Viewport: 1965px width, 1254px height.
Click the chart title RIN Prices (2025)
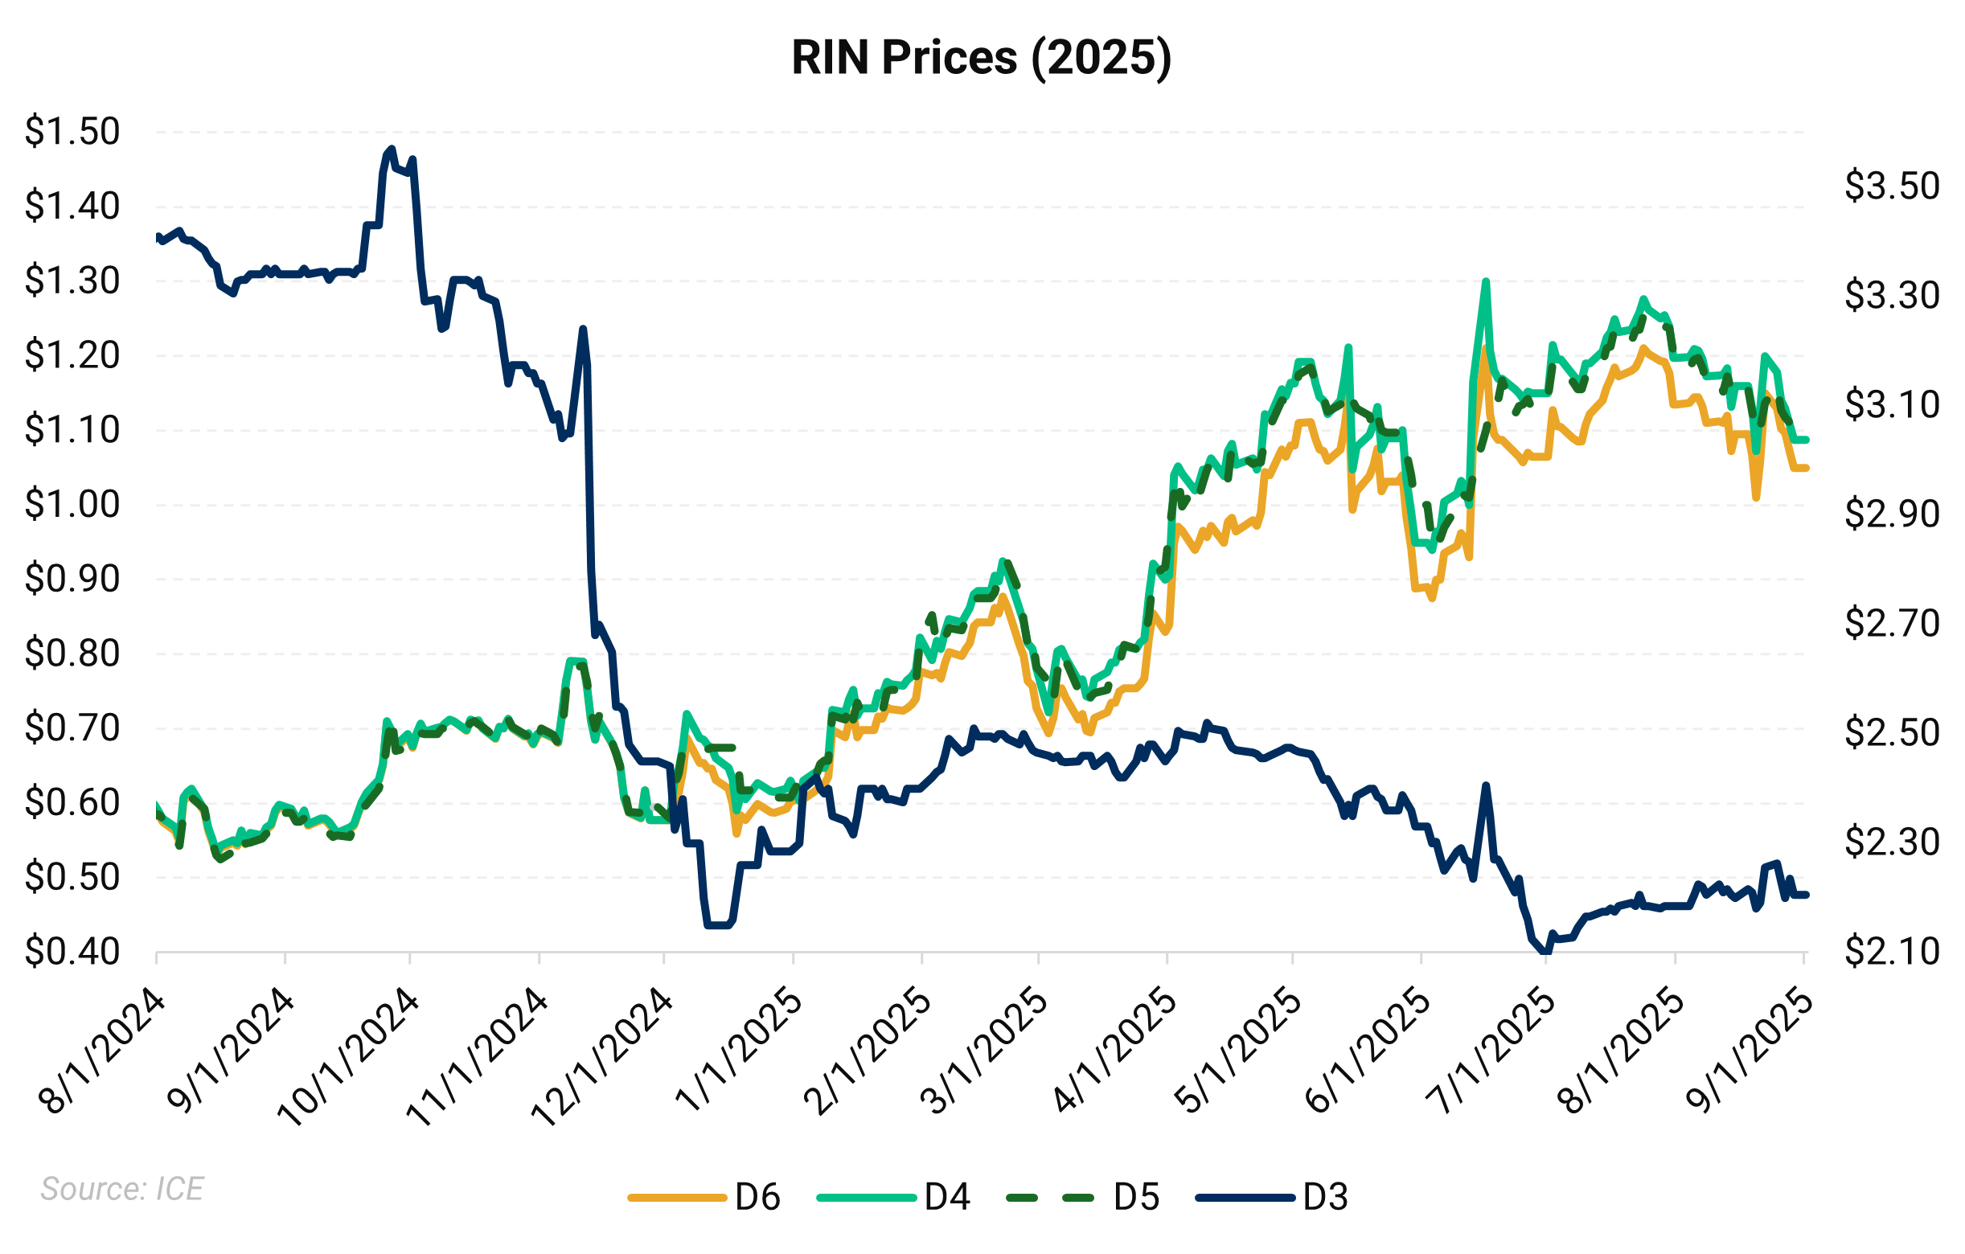tap(982, 58)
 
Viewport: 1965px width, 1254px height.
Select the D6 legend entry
tap(705, 1198)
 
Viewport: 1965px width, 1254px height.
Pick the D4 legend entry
tap(893, 1198)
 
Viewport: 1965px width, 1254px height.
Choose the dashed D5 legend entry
tap(1084, 1198)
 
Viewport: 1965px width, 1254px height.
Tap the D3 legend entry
tap(1272, 1198)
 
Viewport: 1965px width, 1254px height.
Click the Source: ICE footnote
tap(122, 1189)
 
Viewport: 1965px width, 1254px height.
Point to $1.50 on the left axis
tap(72, 131)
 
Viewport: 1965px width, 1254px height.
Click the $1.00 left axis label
tap(72, 504)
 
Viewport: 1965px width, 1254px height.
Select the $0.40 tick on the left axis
tap(72, 951)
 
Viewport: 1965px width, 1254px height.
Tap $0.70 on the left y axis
tap(72, 727)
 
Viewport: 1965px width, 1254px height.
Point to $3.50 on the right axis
tap(1892, 186)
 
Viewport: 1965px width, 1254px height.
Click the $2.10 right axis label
tap(1892, 951)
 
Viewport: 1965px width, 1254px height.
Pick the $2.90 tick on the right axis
tap(1892, 514)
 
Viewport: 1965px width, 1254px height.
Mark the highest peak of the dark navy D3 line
tap(391, 150)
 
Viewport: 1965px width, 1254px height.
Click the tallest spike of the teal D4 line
tap(1486, 281)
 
